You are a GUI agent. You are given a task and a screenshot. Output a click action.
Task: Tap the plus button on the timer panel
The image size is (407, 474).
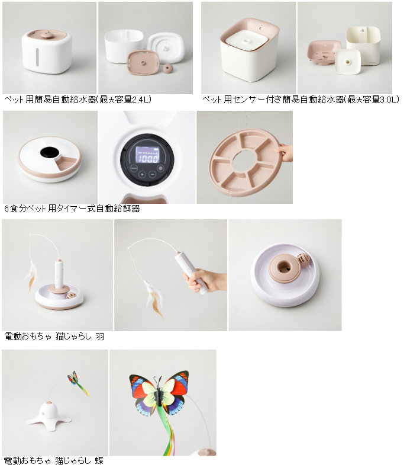point(142,174)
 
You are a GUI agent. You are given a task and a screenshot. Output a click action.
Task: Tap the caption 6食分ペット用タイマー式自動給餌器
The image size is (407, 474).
point(72,209)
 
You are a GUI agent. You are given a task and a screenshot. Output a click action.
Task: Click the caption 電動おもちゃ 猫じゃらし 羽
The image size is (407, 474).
point(54,336)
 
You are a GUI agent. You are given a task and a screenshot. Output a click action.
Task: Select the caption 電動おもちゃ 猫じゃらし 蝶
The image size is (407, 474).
point(53,460)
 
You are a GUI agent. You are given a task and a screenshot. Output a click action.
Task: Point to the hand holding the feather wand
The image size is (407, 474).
point(205,280)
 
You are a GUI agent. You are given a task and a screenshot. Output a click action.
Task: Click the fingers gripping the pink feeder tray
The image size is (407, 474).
point(285,152)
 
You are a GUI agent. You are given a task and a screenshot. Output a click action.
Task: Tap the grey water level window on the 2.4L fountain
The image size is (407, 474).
point(37,57)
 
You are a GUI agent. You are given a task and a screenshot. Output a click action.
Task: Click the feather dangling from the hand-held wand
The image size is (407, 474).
point(153,298)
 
